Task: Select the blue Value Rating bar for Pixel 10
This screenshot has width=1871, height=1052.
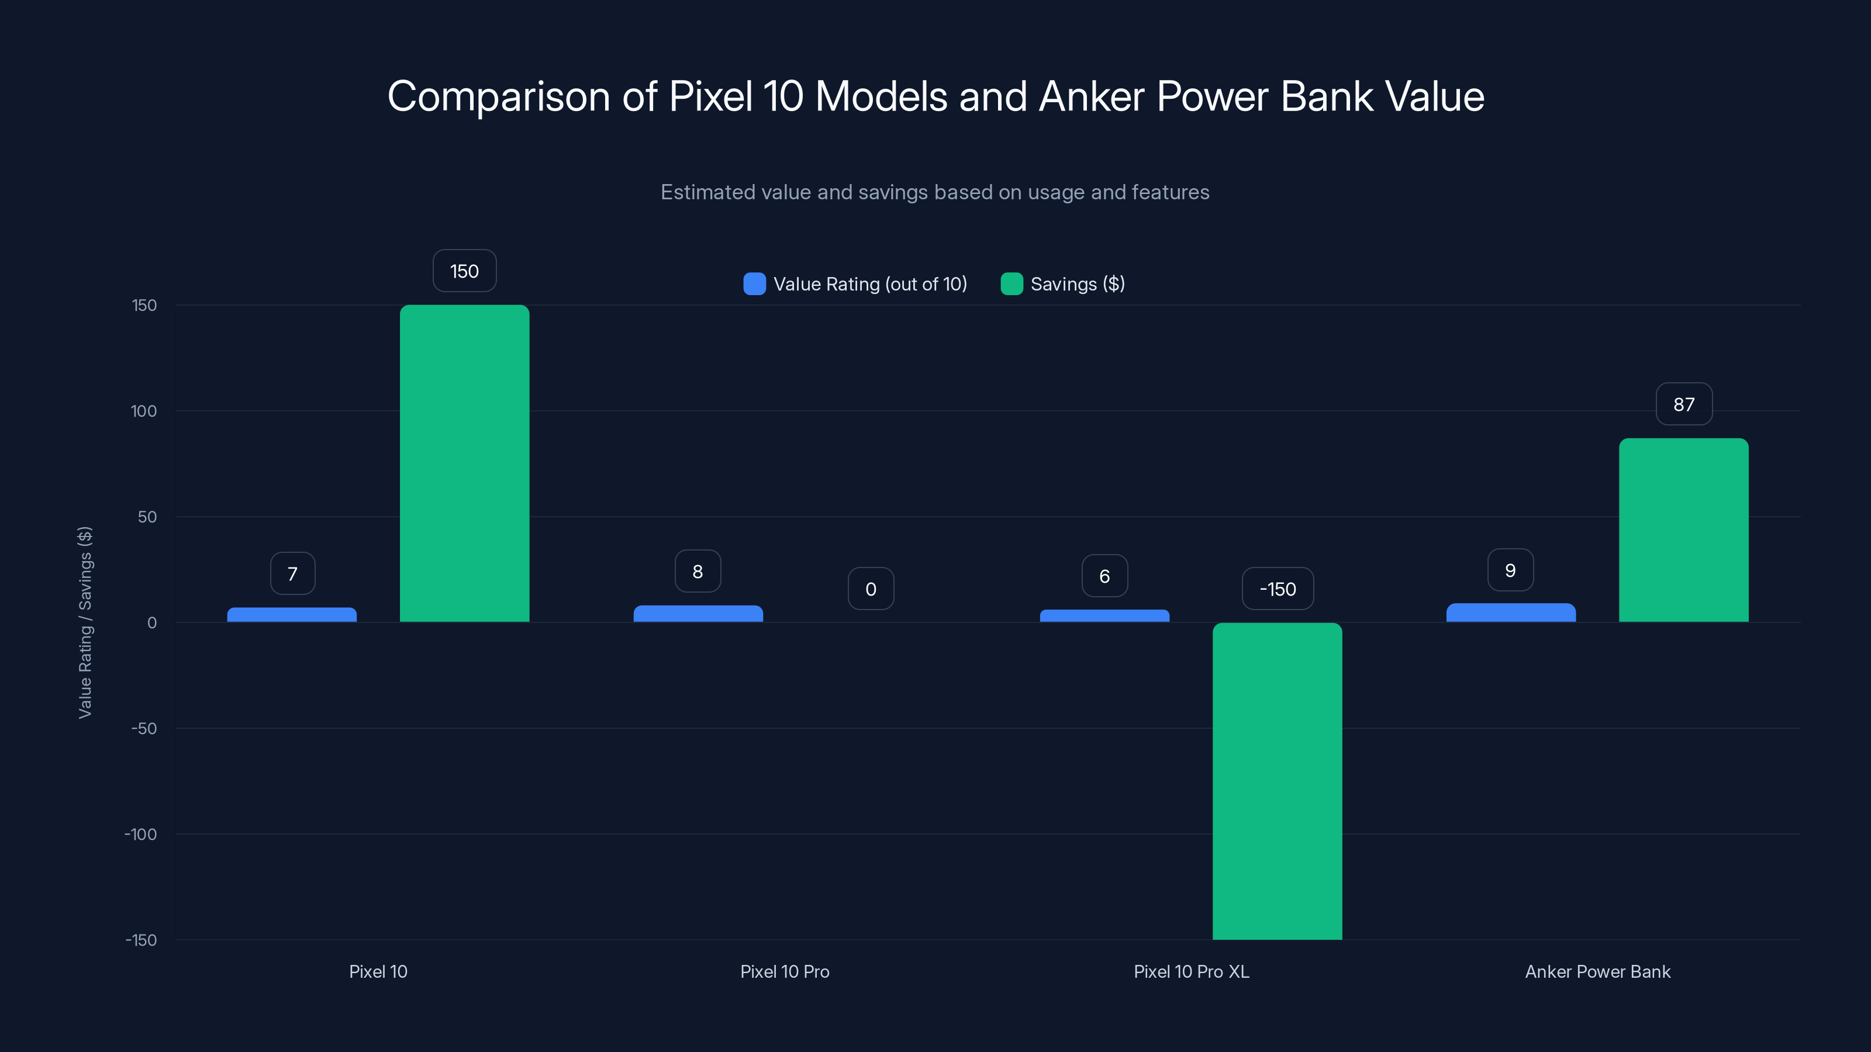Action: point(291,615)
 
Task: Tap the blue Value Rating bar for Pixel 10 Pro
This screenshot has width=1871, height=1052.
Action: point(698,614)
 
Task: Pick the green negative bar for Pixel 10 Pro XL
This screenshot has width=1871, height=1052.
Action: point(1277,780)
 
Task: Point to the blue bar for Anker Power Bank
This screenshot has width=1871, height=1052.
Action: point(1510,612)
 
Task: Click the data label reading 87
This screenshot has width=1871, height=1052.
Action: point(1684,404)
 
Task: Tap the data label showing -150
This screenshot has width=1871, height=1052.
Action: point(1278,589)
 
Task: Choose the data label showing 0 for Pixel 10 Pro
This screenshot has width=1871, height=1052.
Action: point(870,589)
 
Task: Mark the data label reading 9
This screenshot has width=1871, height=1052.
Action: point(1510,570)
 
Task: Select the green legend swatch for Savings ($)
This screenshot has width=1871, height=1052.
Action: point(1011,284)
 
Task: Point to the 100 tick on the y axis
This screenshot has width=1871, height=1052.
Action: point(144,411)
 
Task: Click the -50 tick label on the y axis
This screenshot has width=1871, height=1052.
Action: point(144,729)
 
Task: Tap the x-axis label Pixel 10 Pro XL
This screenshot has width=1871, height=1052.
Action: point(1191,971)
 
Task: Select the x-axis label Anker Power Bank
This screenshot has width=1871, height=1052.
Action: point(1597,971)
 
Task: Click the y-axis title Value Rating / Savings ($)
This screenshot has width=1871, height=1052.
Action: point(85,622)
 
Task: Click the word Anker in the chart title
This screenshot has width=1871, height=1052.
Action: point(1091,96)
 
